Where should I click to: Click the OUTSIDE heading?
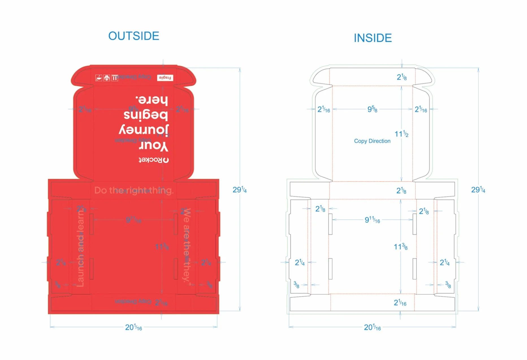(x=134, y=36)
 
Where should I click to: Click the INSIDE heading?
(x=373, y=38)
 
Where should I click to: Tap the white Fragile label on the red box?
(x=165, y=78)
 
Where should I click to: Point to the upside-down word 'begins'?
(x=146, y=115)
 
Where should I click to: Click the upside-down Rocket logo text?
(x=154, y=160)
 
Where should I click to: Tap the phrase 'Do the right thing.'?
(x=134, y=190)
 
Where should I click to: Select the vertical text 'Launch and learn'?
(x=81, y=248)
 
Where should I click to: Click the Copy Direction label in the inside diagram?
(x=372, y=141)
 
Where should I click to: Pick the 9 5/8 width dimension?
(x=372, y=109)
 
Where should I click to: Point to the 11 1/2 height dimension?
(x=401, y=134)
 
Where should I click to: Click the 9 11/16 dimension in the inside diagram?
(x=372, y=220)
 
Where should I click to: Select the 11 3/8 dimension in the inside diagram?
(x=400, y=247)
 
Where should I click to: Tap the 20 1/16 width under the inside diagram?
(x=372, y=327)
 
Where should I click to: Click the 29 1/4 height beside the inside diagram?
(x=478, y=190)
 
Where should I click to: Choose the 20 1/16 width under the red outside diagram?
(x=133, y=327)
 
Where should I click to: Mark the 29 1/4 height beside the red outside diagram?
(x=239, y=190)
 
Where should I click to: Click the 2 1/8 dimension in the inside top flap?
(x=402, y=77)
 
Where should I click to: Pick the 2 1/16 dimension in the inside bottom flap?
(x=400, y=303)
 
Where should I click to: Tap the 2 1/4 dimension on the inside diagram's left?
(x=300, y=263)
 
